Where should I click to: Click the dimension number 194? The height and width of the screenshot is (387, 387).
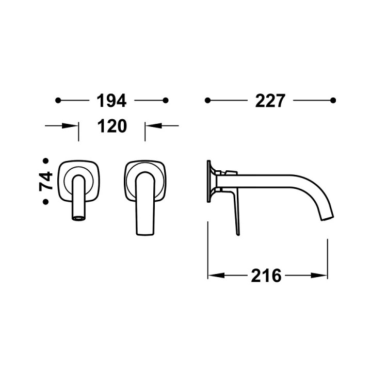[x=111, y=101]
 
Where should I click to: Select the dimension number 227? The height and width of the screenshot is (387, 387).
[x=270, y=101]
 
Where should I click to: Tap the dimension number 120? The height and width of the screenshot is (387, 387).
[x=111, y=125]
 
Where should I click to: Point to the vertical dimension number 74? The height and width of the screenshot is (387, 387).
[x=46, y=181]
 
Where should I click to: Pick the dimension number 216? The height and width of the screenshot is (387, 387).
[x=267, y=276]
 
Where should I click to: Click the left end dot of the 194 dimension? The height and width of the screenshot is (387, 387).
[x=58, y=101]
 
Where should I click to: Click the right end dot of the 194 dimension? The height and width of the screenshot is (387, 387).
[x=165, y=101]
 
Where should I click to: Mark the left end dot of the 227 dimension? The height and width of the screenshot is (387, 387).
[x=207, y=100]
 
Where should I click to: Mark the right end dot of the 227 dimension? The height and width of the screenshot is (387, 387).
[x=333, y=100]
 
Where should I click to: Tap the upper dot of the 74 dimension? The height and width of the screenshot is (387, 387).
[x=46, y=161]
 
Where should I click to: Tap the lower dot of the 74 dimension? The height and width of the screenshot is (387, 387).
[x=46, y=202]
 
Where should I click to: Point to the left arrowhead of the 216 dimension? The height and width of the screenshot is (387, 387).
[x=213, y=276]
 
